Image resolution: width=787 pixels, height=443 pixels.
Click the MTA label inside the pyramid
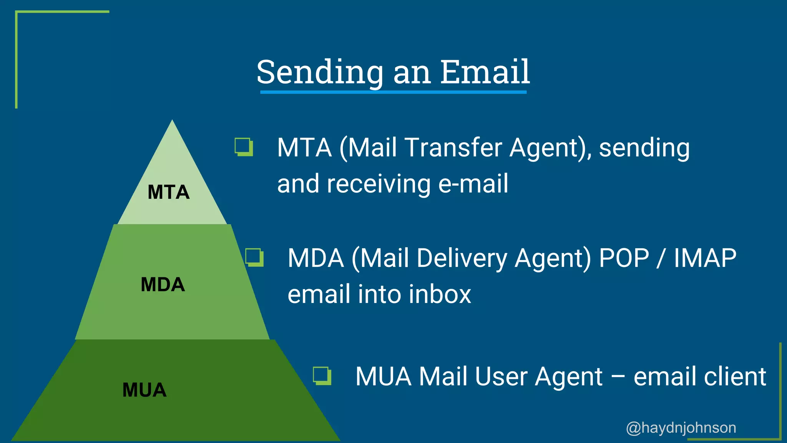click(x=169, y=192)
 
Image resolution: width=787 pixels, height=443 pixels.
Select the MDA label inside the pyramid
click(x=163, y=285)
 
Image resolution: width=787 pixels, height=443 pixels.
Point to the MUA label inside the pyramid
click(x=144, y=390)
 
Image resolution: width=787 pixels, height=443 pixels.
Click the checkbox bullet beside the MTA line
click(x=244, y=147)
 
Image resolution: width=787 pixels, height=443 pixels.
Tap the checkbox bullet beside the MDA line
click(x=254, y=257)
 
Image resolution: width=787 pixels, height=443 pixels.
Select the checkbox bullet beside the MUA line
click(x=322, y=376)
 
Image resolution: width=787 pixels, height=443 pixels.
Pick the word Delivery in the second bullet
click(x=462, y=258)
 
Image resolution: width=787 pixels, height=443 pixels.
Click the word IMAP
click(x=705, y=258)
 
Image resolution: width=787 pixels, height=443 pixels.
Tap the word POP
click(x=624, y=258)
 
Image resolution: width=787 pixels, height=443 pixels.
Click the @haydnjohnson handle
click(x=681, y=428)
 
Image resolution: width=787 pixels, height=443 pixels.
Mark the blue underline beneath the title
click(x=393, y=92)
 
